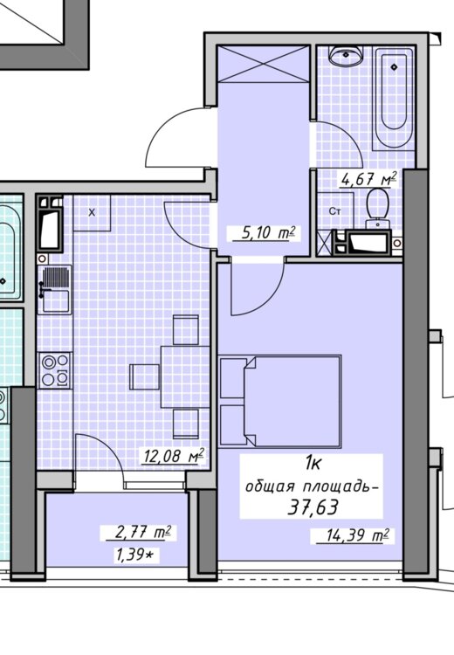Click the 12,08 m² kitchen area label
coord(174,456)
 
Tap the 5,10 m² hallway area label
coord(264,232)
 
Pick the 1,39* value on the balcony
coord(134,555)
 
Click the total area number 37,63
coord(313,507)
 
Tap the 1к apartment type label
coord(313,463)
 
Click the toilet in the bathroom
coord(377,209)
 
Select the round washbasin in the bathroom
coord(347,55)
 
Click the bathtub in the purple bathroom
coord(394,98)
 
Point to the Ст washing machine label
coord(334,211)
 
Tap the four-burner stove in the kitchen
coord(55,370)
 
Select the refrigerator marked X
coord(92,212)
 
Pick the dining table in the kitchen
coord(185,376)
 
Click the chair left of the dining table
coord(145,376)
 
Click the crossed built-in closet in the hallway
coord(264,65)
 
